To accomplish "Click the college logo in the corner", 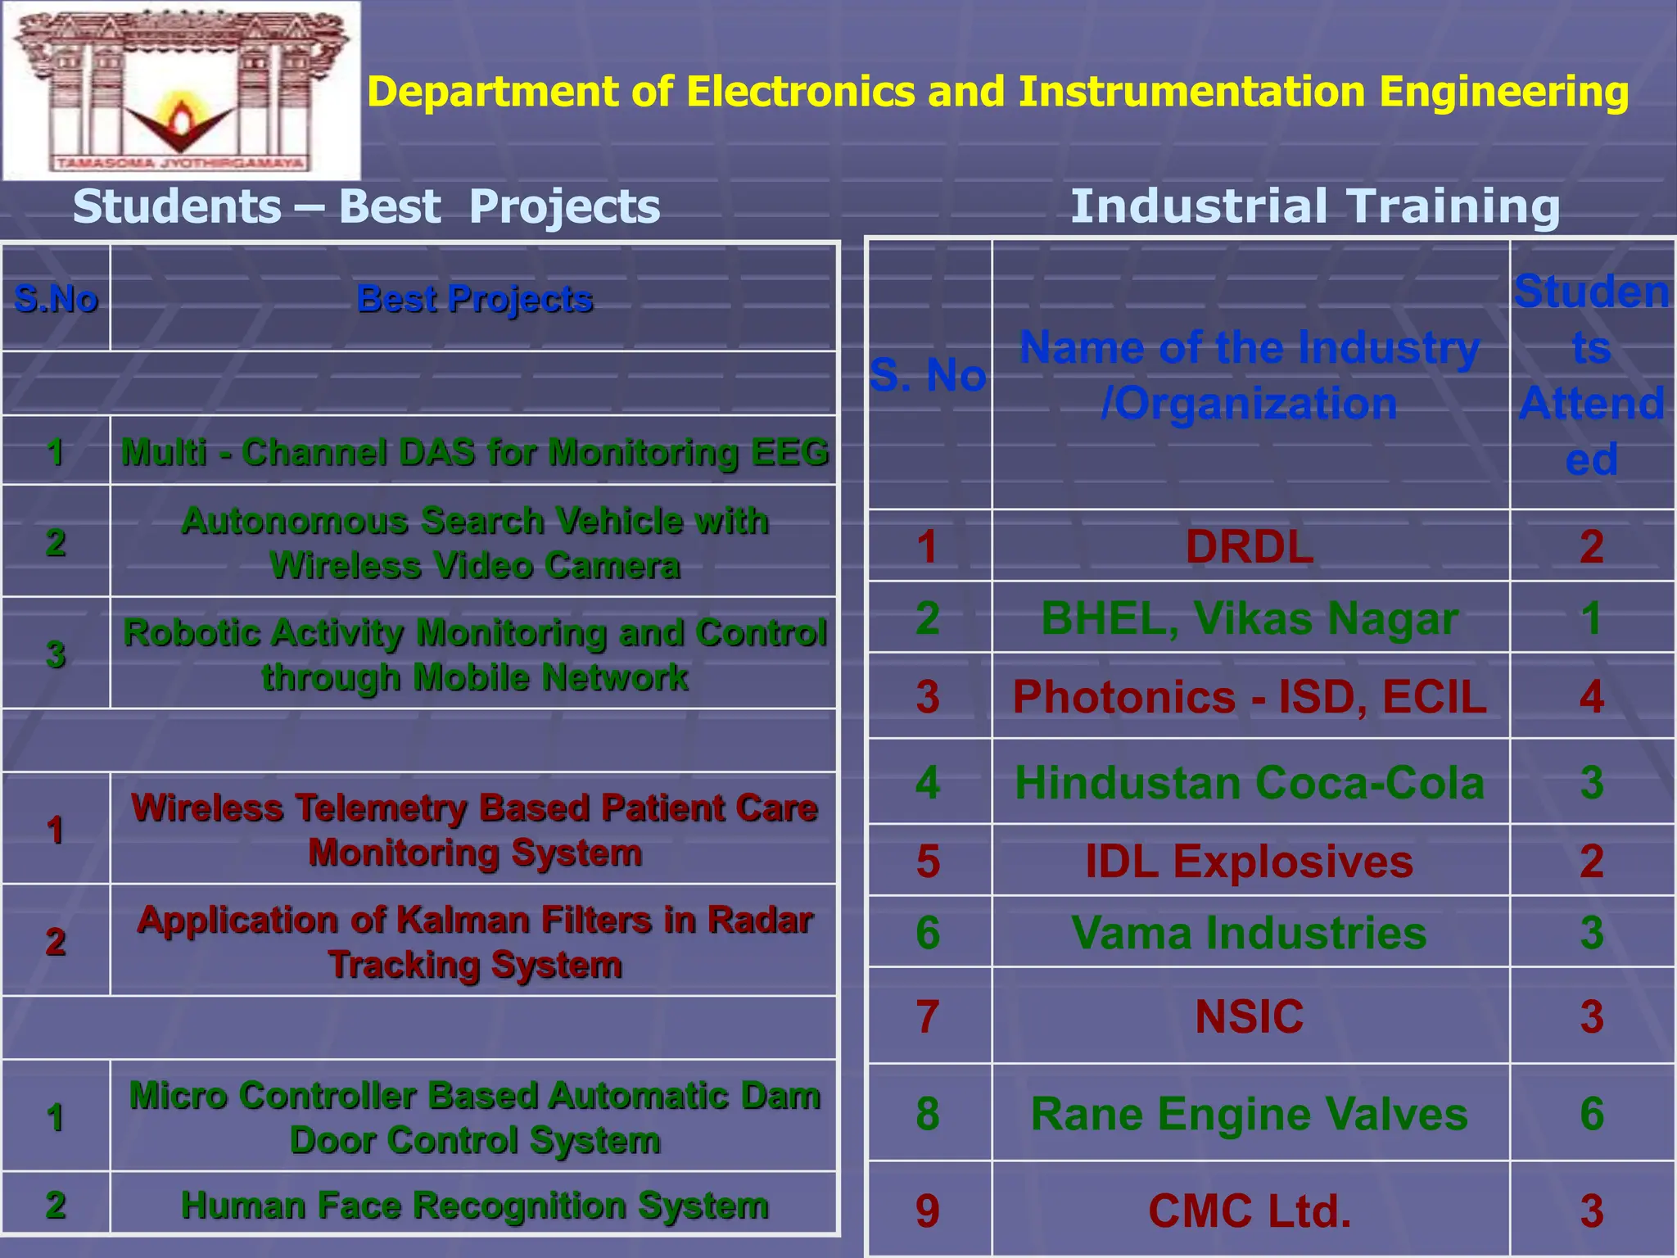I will [x=181, y=90].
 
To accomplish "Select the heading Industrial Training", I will [x=1314, y=206].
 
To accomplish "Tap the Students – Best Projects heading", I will [x=366, y=206].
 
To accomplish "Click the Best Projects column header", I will [x=474, y=299].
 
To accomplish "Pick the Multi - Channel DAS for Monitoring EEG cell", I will [x=474, y=452].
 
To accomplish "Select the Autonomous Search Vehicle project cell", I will [x=474, y=542].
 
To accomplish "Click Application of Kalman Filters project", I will [x=474, y=942].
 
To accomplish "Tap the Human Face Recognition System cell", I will [x=474, y=1205].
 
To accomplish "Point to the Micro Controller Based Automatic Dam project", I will [x=474, y=1117].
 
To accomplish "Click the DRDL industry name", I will [x=1250, y=546].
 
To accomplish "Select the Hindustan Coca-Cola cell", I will [x=1250, y=782].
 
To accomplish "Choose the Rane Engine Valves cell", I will [x=1250, y=1114].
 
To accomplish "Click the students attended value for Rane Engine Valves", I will [x=1591, y=1114].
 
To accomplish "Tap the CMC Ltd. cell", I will [x=1250, y=1210].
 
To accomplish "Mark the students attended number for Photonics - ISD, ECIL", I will [x=1591, y=697].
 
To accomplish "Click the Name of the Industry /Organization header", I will [x=1250, y=375].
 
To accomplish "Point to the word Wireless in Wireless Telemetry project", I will [x=207, y=808].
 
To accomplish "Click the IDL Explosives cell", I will [x=1250, y=862].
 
